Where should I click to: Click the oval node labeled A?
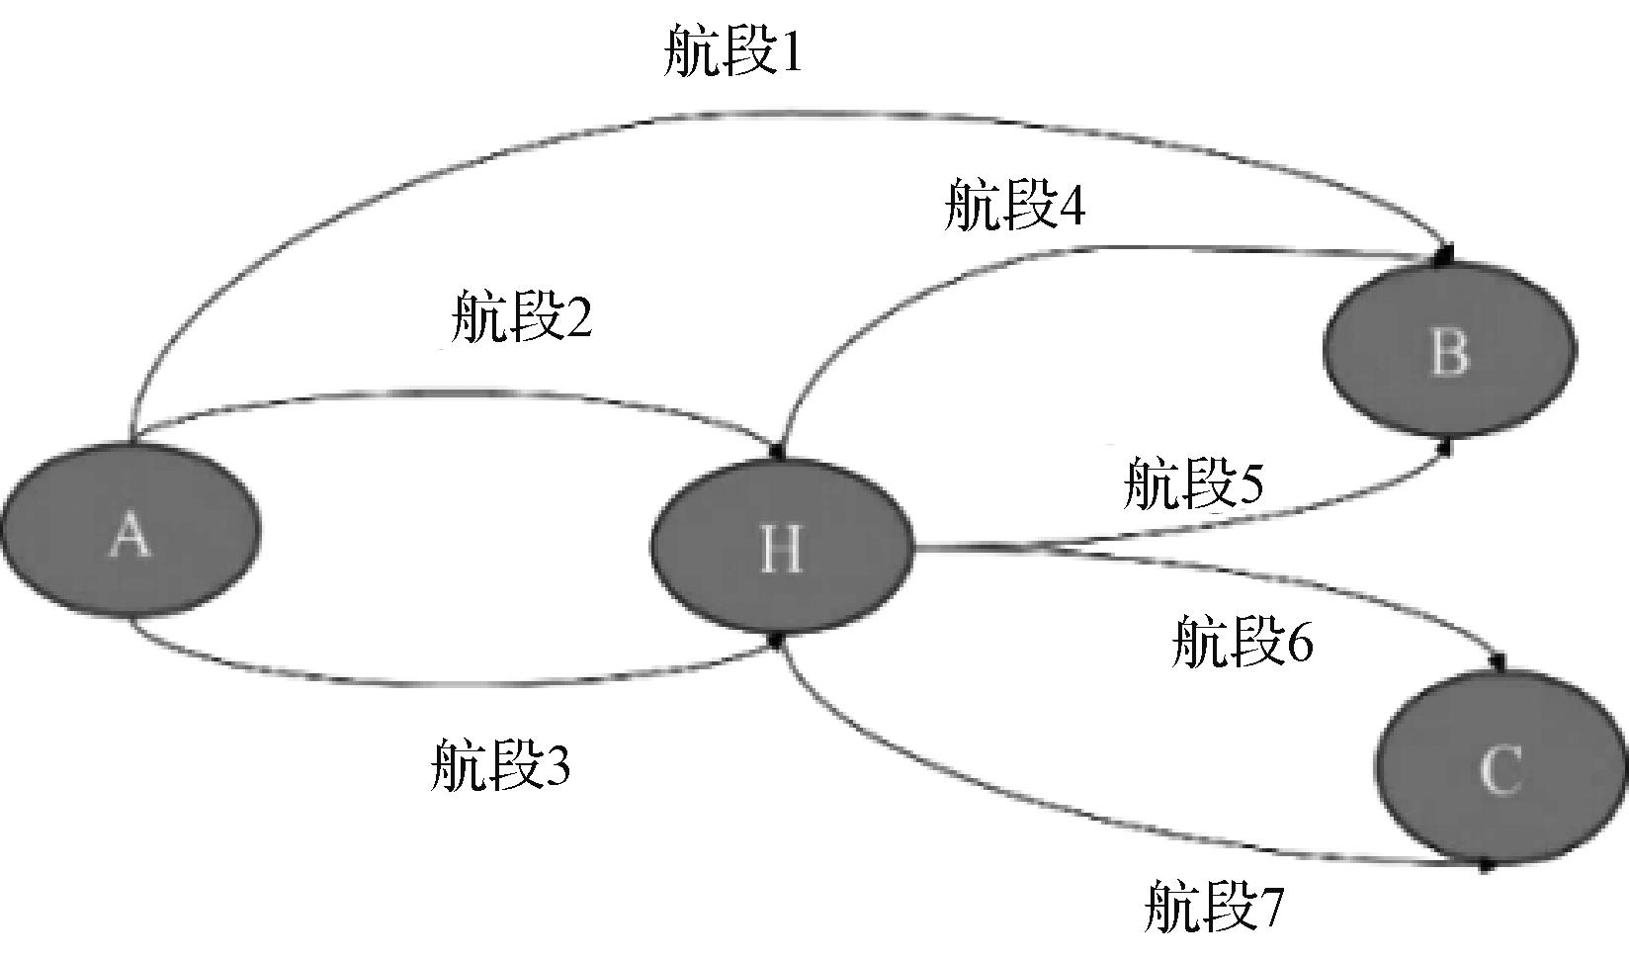[130, 530]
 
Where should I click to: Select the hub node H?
[781, 546]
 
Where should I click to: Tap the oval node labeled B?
[1449, 350]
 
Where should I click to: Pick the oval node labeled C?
[1500, 767]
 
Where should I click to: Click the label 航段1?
[733, 50]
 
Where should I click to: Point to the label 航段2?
[522, 315]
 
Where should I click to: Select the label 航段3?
[500, 764]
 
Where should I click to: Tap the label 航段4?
[1015, 205]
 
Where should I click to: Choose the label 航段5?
[1194, 483]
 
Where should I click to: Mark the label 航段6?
[1243, 641]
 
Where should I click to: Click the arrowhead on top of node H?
[777, 451]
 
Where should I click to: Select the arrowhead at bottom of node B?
[1446, 447]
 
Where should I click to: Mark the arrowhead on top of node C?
[1499, 662]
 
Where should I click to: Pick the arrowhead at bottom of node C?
[1485, 866]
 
